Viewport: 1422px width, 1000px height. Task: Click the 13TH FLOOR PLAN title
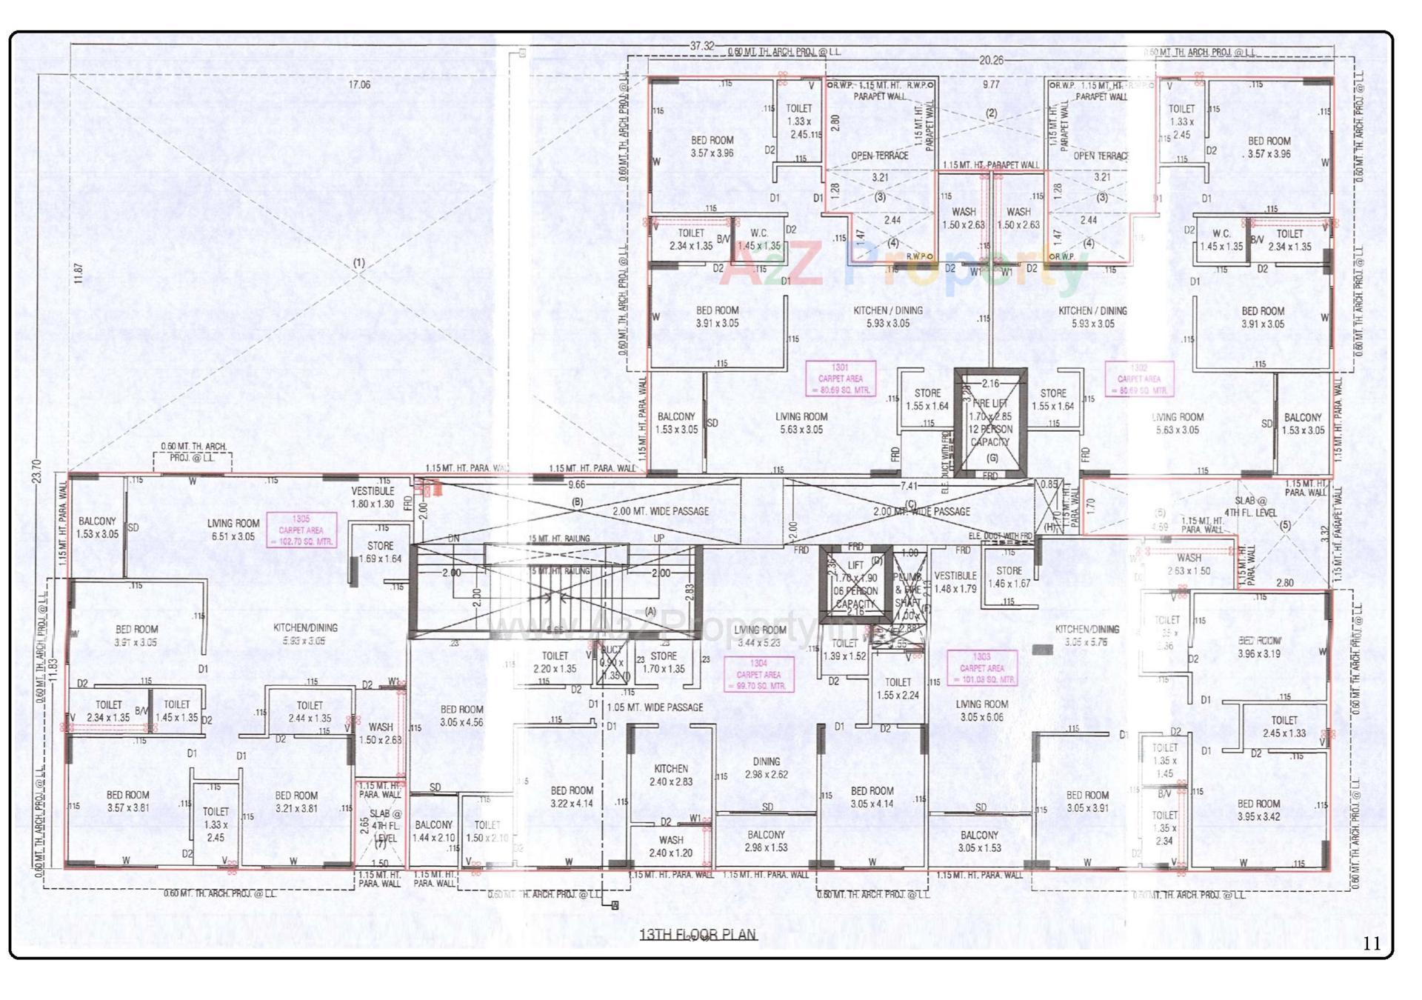(x=698, y=934)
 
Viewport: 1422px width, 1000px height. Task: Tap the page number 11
(x=1372, y=943)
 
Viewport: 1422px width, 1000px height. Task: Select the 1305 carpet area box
(x=301, y=530)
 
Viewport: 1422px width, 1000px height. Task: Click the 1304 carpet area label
(x=758, y=675)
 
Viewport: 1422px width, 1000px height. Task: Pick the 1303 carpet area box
(x=982, y=668)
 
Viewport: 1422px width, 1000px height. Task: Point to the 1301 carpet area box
(x=841, y=379)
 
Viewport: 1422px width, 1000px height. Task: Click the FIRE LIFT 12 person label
(x=990, y=423)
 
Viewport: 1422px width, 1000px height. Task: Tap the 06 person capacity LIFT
(x=855, y=584)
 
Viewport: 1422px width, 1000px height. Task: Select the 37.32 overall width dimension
(x=701, y=46)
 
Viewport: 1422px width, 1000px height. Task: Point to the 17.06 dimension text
(x=359, y=85)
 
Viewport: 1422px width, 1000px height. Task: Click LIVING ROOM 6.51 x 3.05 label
(x=233, y=530)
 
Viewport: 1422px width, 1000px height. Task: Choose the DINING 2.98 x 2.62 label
(x=767, y=768)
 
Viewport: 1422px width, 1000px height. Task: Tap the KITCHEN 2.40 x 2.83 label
(x=671, y=776)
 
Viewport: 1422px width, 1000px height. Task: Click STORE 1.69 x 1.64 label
(x=380, y=552)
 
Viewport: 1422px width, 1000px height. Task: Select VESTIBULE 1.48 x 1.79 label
(x=955, y=582)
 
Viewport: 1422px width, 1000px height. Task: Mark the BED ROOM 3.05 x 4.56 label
(x=461, y=716)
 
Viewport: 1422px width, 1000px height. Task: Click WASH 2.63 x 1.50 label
(x=1189, y=564)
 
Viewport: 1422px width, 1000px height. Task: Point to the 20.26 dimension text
(x=991, y=61)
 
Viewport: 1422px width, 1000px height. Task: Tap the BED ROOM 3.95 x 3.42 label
(x=1258, y=810)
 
